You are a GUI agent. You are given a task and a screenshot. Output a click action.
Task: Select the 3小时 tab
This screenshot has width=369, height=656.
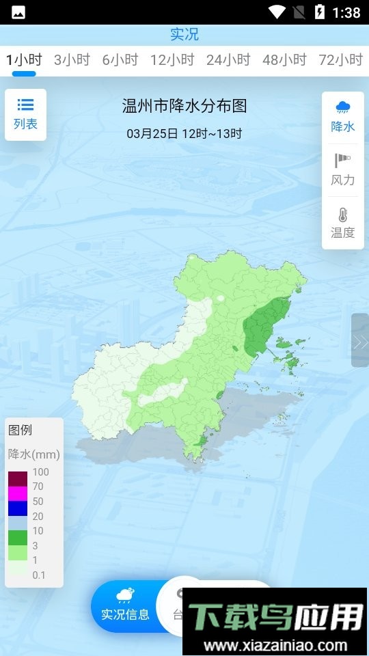click(x=72, y=60)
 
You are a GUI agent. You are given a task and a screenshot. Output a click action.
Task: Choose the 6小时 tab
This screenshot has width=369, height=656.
click(x=120, y=60)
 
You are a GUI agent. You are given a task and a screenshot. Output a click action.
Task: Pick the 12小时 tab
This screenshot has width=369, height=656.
click(x=172, y=60)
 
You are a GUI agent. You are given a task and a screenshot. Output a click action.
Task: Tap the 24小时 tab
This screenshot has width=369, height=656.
click(x=228, y=60)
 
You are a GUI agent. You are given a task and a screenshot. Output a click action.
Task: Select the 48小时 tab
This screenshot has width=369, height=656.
click(x=284, y=60)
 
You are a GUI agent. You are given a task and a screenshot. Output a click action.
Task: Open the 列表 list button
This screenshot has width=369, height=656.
click(x=25, y=114)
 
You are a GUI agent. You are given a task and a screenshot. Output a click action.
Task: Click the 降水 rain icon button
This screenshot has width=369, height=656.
click(x=342, y=116)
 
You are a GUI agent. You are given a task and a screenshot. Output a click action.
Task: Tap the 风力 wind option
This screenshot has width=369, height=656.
click(x=342, y=170)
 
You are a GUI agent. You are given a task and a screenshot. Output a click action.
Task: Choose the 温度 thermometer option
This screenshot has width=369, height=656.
click(x=342, y=223)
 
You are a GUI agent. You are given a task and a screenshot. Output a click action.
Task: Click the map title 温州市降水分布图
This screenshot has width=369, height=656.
click(x=184, y=106)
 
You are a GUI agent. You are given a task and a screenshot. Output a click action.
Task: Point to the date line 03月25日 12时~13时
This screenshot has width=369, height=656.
click(x=184, y=133)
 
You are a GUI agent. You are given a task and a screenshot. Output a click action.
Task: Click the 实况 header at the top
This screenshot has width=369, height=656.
click(x=184, y=34)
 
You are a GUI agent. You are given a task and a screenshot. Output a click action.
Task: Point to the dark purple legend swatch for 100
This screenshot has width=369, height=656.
click(x=18, y=478)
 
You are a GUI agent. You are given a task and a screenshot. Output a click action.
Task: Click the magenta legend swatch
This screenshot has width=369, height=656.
click(x=18, y=493)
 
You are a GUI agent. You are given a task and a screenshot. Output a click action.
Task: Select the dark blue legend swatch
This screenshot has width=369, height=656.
click(x=18, y=508)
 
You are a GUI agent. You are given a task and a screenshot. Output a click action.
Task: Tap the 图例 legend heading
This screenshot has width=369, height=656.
click(x=20, y=430)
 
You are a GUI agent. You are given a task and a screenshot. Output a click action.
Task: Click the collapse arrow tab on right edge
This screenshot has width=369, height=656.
click(x=360, y=340)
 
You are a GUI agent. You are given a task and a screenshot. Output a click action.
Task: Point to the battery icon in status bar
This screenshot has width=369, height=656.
click(x=319, y=12)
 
